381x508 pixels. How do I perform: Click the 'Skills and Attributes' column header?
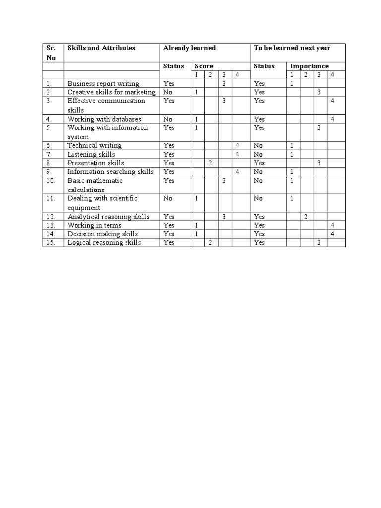(101, 48)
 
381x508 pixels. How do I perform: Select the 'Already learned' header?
(189, 48)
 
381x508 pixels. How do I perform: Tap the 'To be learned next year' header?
(292, 48)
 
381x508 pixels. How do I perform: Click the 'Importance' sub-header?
(310, 66)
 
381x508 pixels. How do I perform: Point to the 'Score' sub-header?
(204, 66)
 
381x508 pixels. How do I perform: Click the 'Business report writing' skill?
(103, 84)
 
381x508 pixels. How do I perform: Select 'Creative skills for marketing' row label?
(112, 92)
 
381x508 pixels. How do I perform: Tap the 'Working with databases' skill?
(104, 119)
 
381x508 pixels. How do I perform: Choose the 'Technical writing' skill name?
(94, 146)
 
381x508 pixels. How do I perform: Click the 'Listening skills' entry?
(91, 154)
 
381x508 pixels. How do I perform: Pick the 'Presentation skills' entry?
(96, 163)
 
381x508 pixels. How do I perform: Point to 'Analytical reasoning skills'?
(109, 217)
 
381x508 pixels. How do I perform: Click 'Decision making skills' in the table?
(103, 234)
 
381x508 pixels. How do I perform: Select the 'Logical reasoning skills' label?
(104, 242)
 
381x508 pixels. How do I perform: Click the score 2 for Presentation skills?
(210, 163)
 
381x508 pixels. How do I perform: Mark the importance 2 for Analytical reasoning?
(306, 217)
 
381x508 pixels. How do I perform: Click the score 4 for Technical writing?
(237, 146)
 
